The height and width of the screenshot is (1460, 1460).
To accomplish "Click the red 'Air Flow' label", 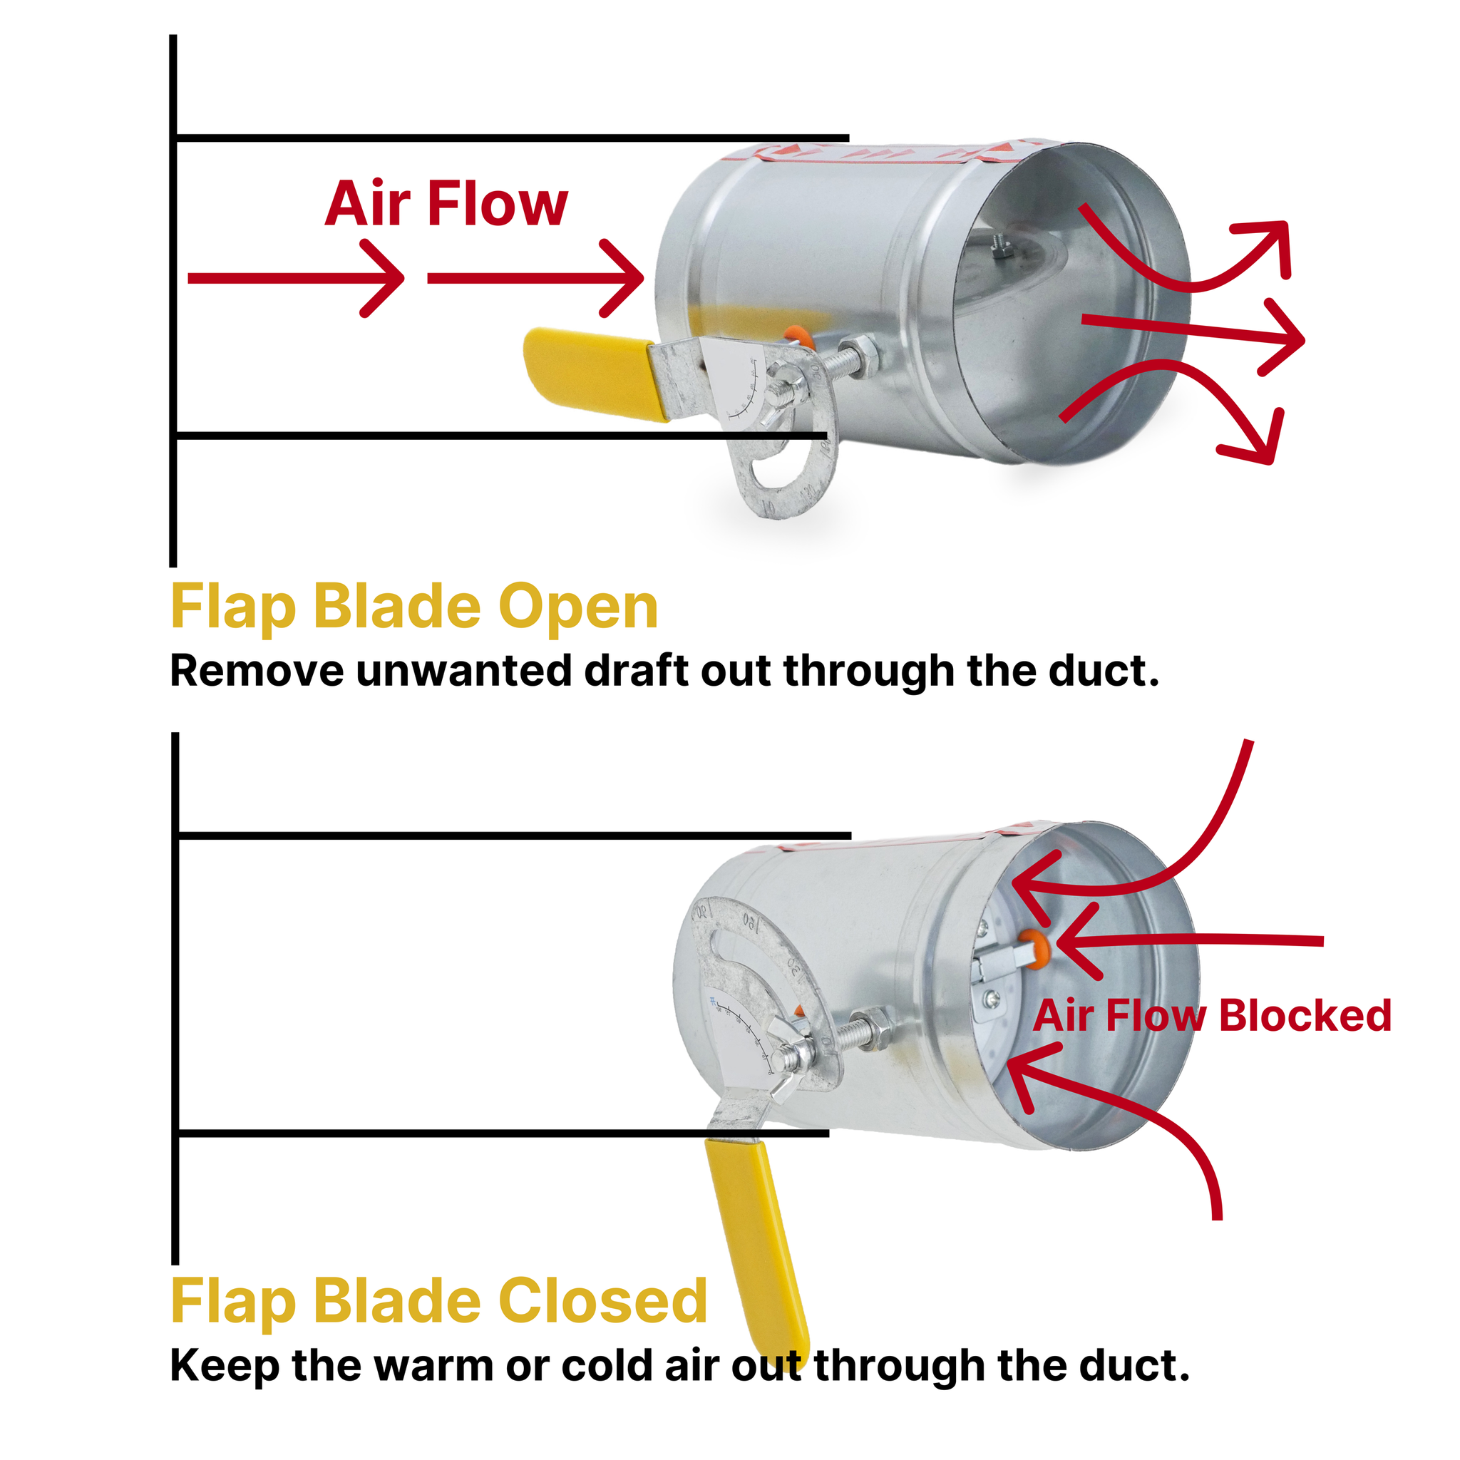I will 446,204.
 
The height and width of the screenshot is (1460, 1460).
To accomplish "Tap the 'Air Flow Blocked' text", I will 1211,1016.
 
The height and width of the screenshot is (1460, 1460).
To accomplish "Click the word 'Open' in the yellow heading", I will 578,607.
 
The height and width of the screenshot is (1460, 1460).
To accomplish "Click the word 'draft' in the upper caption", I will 637,671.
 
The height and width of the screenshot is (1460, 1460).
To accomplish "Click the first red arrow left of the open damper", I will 294,279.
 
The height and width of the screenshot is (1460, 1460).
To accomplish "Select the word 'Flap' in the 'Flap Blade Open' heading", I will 232,607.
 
